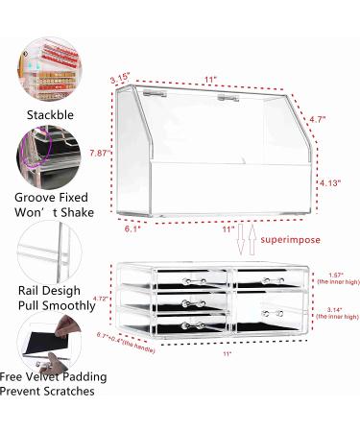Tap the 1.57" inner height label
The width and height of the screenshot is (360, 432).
(x=333, y=275)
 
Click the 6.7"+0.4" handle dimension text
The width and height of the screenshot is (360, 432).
(x=99, y=364)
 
